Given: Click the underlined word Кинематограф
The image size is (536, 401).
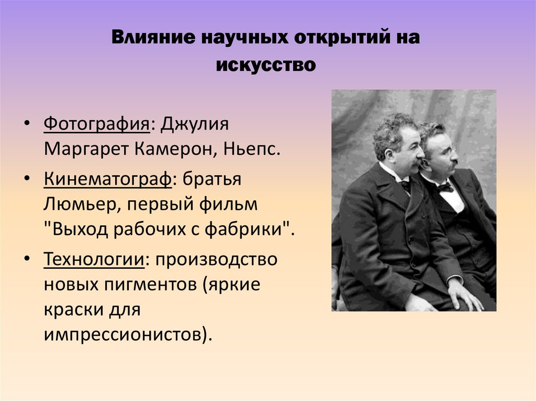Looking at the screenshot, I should tap(107, 179).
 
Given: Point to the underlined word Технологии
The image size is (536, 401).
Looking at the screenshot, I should tap(94, 259).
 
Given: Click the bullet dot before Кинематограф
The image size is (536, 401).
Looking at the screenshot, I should tap(26, 179).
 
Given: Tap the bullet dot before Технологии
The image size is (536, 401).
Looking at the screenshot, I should tap(26, 259).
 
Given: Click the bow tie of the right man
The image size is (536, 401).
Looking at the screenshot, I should tap(444, 187).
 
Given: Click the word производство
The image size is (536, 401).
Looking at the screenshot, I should tap(215, 259).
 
